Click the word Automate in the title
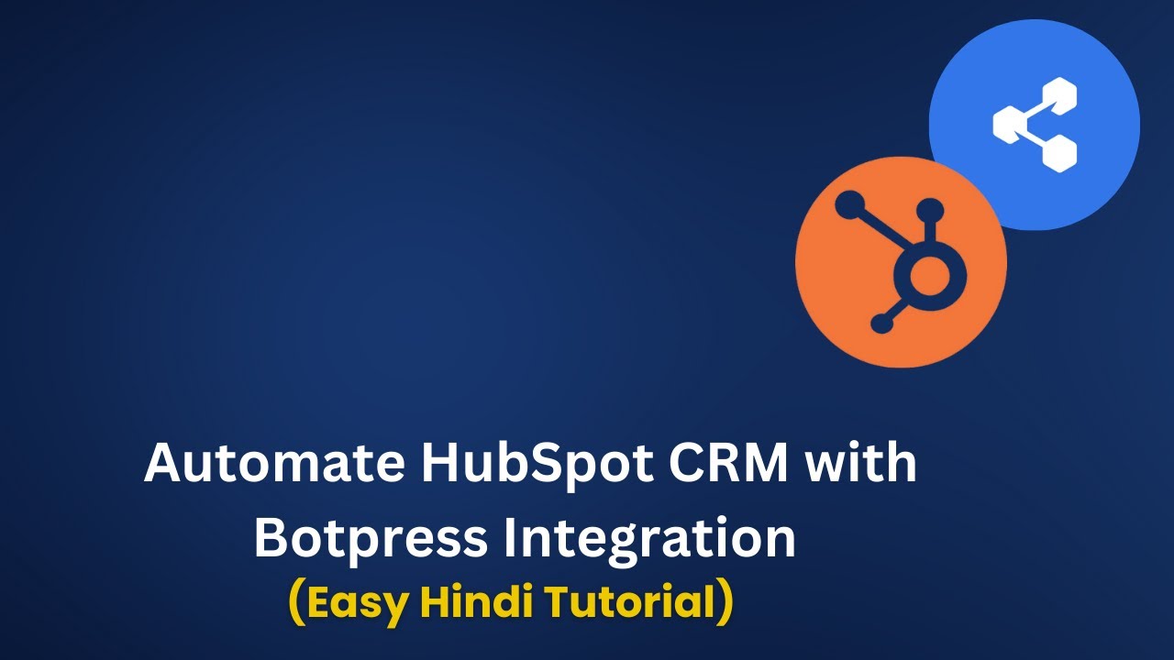[x=274, y=463]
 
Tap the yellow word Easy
[x=360, y=602]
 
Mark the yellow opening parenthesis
[x=297, y=602]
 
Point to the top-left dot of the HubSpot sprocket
[x=849, y=203]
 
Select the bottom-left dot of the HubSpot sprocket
[x=881, y=323]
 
